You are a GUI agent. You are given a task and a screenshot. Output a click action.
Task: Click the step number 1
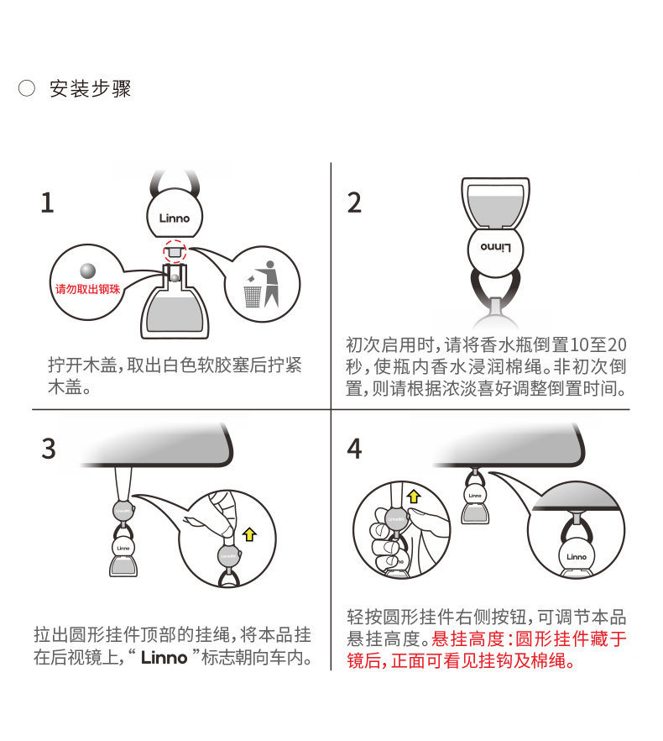(47, 202)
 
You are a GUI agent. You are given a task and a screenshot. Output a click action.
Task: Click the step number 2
(354, 202)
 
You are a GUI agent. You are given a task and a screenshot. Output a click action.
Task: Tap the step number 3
(49, 449)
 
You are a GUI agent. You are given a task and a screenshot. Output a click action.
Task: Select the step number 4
(355, 449)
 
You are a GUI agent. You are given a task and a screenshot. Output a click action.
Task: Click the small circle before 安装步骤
(27, 88)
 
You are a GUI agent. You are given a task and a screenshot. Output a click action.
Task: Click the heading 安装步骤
(90, 88)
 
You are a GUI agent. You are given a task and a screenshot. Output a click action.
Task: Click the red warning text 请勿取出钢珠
(88, 289)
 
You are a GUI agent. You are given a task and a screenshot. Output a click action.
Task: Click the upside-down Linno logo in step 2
(495, 247)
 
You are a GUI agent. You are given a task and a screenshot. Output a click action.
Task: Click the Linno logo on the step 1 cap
(175, 218)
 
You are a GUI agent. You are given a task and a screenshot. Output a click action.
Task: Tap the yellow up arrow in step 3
(249, 534)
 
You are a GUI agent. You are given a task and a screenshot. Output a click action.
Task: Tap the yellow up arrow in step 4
(414, 497)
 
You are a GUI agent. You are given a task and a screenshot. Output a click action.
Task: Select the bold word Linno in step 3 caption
(164, 657)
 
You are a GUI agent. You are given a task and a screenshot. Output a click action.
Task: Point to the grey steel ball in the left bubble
(88, 271)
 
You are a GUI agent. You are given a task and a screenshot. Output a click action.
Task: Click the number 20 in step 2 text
(616, 345)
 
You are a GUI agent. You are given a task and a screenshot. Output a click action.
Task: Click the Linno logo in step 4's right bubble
(576, 557)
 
